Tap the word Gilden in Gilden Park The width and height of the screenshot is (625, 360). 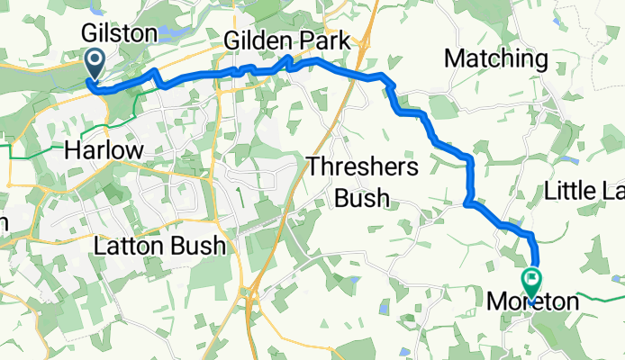[x=262, y=41]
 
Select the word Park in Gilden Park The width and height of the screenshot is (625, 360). [x=330, y=41]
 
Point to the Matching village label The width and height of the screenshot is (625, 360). [x=496, y=59]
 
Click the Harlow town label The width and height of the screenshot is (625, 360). [x=104, y=150]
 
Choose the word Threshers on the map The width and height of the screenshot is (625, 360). [x=363, y=166]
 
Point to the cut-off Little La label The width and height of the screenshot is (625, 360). [x=584, y=191]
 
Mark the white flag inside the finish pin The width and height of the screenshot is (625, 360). [x=531, y=280]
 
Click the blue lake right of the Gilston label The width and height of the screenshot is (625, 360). [x=177, y=33]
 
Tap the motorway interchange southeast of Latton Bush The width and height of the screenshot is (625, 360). [x=256, y=290]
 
